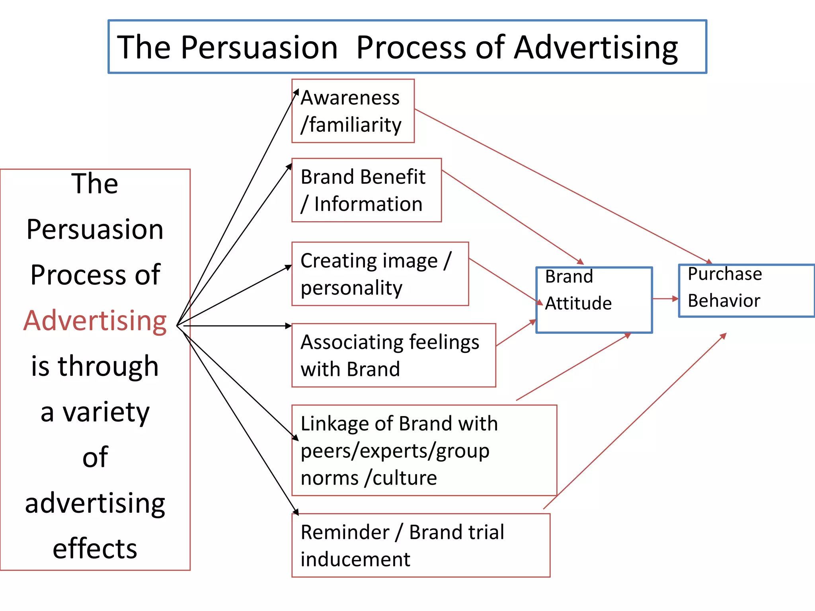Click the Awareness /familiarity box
click(353, 111)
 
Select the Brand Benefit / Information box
click(367, 190)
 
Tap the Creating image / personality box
click(380, 274)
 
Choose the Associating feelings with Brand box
click(394, 355)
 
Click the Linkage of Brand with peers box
click(424, 450)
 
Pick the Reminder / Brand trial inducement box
click(421, 545)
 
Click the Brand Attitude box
click(594, 300)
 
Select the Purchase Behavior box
click(746, 291)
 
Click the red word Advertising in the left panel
click(95, 321)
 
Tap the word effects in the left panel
click(95, 549)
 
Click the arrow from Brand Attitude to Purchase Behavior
click(665, 298)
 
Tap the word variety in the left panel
click(106, 413)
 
